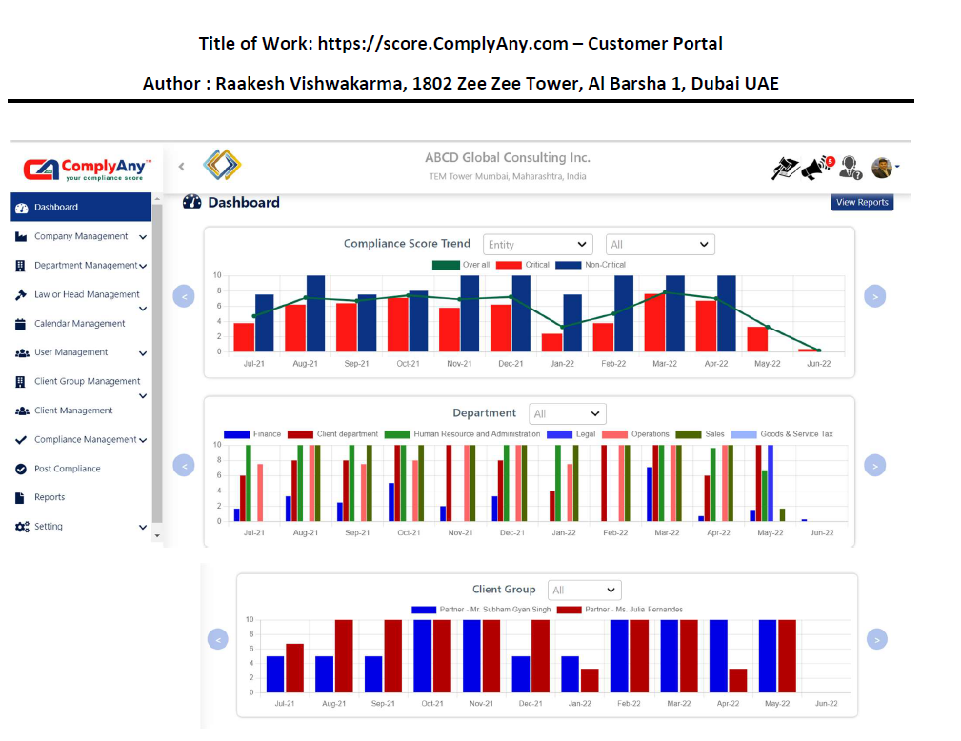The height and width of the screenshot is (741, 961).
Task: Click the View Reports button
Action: click(x=862, y=202)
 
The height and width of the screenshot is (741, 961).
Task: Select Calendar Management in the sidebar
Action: click(x=80, y=324)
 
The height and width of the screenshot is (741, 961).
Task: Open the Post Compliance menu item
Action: click(x=67, y=469)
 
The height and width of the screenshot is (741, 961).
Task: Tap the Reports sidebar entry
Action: click(x=50, y=497)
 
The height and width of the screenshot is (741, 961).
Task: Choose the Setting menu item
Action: click(x=49, y=527)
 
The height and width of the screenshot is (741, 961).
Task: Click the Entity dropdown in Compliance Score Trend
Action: click(x=537, y=245)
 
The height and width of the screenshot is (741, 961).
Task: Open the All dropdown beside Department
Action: click(x=568, y=414)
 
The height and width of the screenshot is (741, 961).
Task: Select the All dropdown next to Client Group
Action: click(x=584, y=591)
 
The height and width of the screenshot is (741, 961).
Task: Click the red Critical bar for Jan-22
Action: click(x=551, y=343)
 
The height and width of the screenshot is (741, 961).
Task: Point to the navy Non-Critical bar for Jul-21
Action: click(x=265, y=323)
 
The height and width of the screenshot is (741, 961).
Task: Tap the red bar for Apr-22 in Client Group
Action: click(x=737, y=680)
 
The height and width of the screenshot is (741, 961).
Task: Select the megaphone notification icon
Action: click(x=815, y=169)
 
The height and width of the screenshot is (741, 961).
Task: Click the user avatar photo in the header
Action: click(x=881, y=168)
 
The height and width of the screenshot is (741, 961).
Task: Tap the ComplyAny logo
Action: click(x=86, y=170)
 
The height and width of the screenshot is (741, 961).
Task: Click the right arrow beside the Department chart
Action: click(x=875, y=466)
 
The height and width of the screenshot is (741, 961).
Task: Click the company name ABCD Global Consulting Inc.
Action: click(x=508, y=158)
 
